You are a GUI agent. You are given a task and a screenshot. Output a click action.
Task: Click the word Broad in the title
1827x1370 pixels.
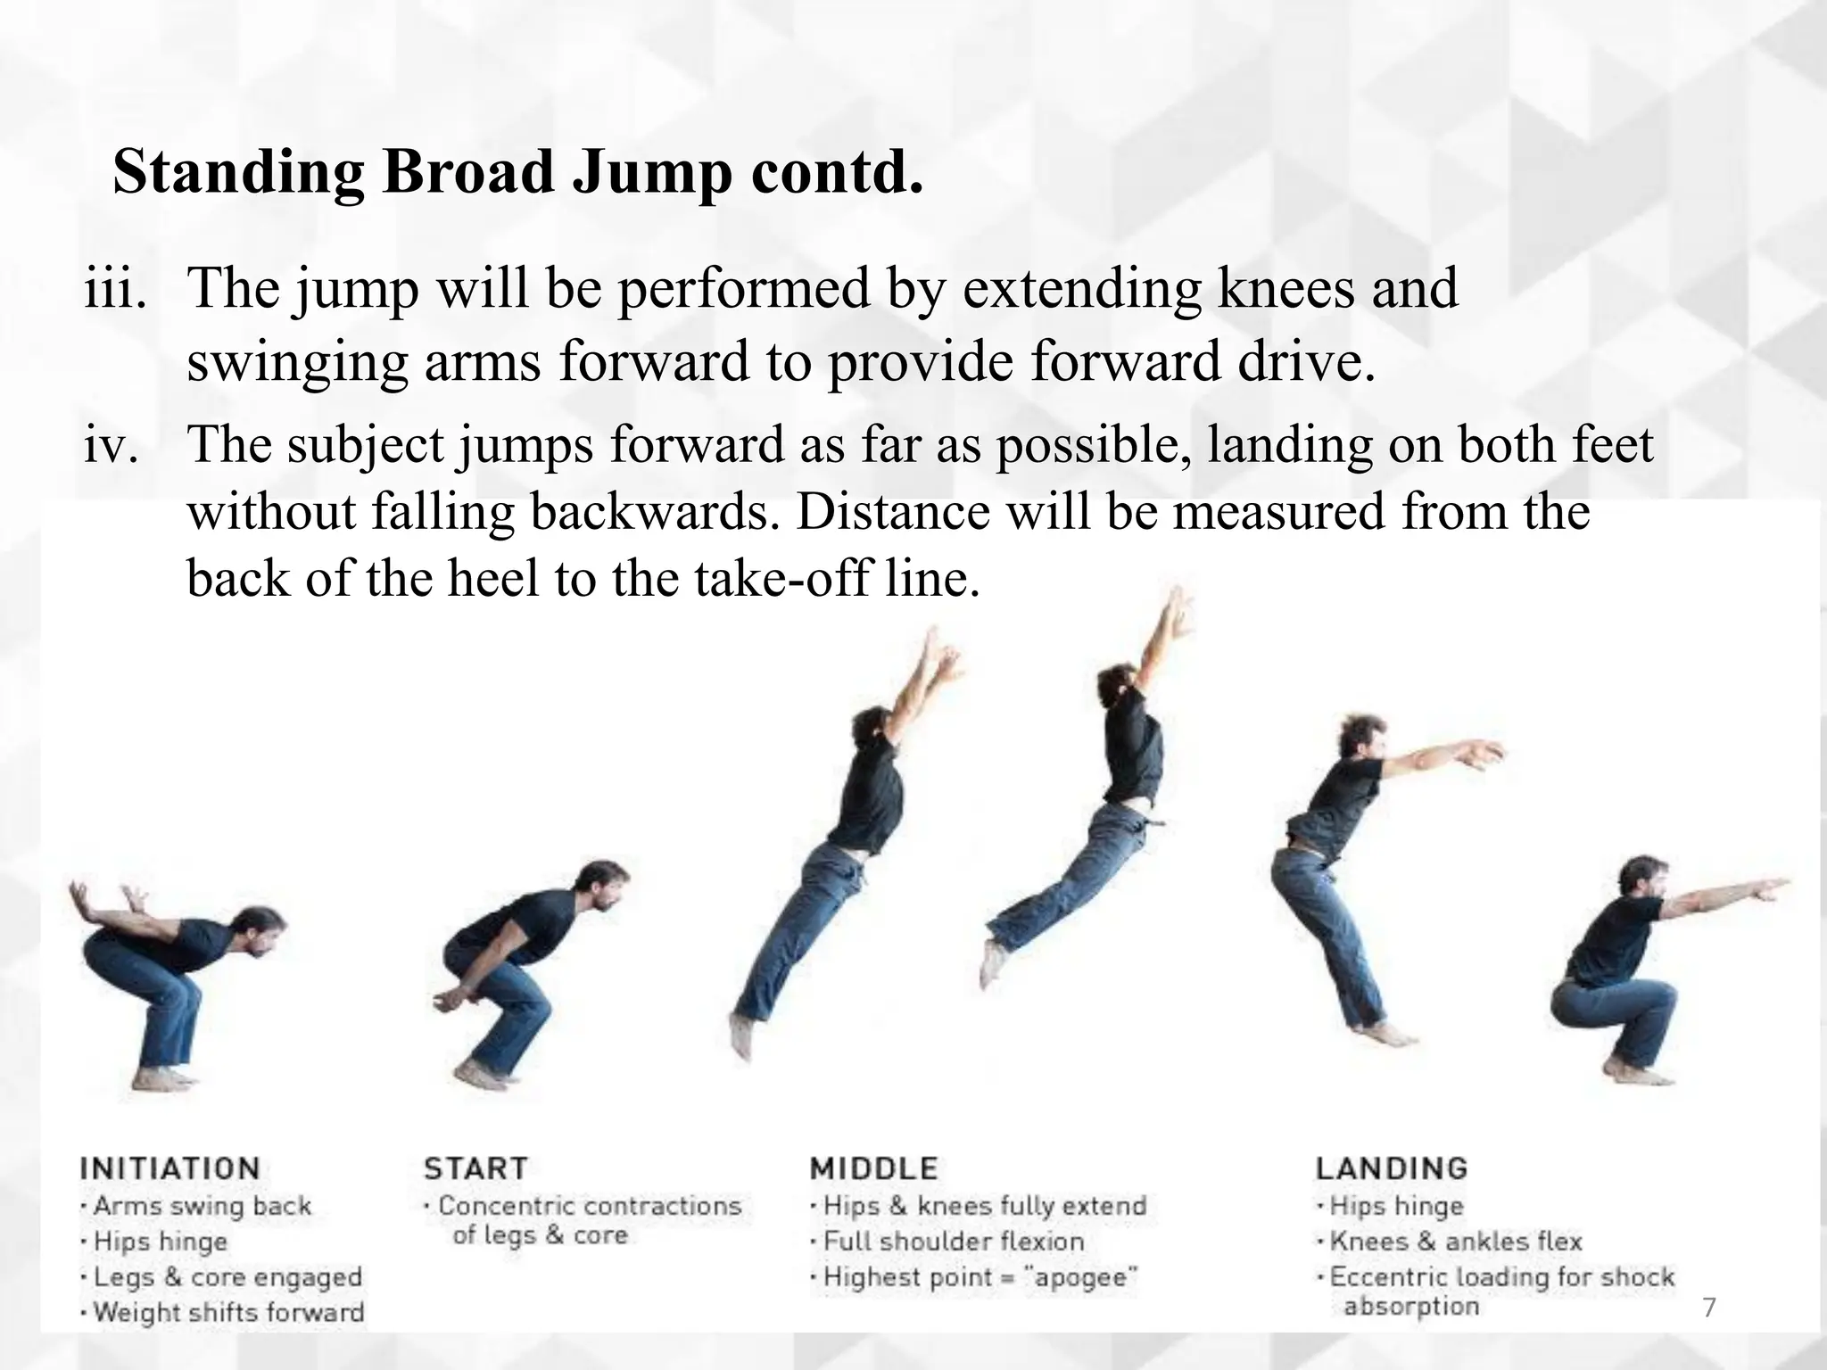(x=467, y=171)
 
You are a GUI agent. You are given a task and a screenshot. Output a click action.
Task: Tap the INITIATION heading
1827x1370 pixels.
(x=169, y=1168)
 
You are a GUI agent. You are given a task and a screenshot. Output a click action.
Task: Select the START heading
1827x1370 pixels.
(x=475, y=1168)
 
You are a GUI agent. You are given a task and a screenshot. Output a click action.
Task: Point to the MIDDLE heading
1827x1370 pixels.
(x=873, y=1168)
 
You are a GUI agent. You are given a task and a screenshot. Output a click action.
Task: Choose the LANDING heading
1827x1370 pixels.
(x=1391, y=1168)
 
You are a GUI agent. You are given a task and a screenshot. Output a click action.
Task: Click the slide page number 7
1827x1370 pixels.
(x=1709, y=1308)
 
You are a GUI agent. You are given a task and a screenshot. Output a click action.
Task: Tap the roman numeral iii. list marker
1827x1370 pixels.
(x=114, y=290)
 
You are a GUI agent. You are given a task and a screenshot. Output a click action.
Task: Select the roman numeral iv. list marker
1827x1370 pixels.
(x=111, y=446)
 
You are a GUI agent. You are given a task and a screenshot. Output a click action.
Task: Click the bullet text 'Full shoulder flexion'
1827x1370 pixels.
(x=954, y=1242)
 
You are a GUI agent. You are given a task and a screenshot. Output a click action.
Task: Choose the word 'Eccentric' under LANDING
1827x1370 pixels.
(x=1387, y=1277)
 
